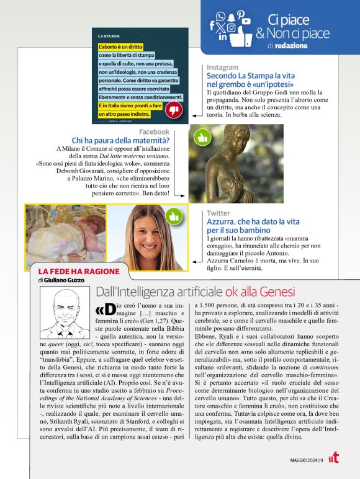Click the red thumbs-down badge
[174, 110]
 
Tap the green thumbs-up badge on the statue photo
[202, 137]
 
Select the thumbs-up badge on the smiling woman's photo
[173, 216]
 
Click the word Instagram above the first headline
[222, 67]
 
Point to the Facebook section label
[154, 132]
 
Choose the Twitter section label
[218, 213]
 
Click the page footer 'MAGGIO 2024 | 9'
[307, 460]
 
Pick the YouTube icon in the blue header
[246, 21]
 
